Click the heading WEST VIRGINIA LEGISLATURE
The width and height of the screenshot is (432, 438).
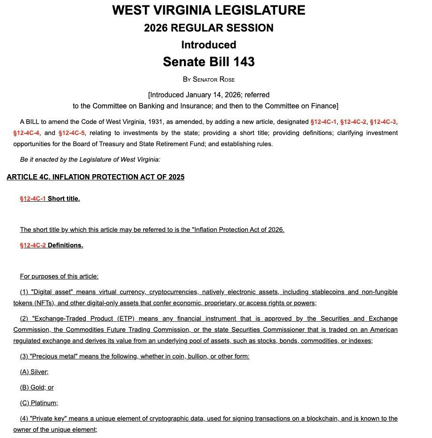tap(208, 10)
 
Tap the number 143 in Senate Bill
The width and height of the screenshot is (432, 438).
tap(244, 62)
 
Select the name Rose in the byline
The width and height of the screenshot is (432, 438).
tap(227, 80)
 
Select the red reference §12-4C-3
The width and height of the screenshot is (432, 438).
tap(383, 122)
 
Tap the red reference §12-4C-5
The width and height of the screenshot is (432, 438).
tap(72, 133)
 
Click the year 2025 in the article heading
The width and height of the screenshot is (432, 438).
tap(176, 177)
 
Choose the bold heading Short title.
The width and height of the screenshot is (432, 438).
tap(64, 199)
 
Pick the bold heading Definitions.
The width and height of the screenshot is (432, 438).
tap(65, 245)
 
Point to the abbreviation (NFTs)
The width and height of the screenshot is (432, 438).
tap(44, 303)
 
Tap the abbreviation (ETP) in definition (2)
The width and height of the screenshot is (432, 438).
tap(127, 319)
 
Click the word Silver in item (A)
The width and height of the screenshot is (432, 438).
tap(39, 372)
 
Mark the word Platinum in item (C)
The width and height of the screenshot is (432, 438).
tap(44, 403)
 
